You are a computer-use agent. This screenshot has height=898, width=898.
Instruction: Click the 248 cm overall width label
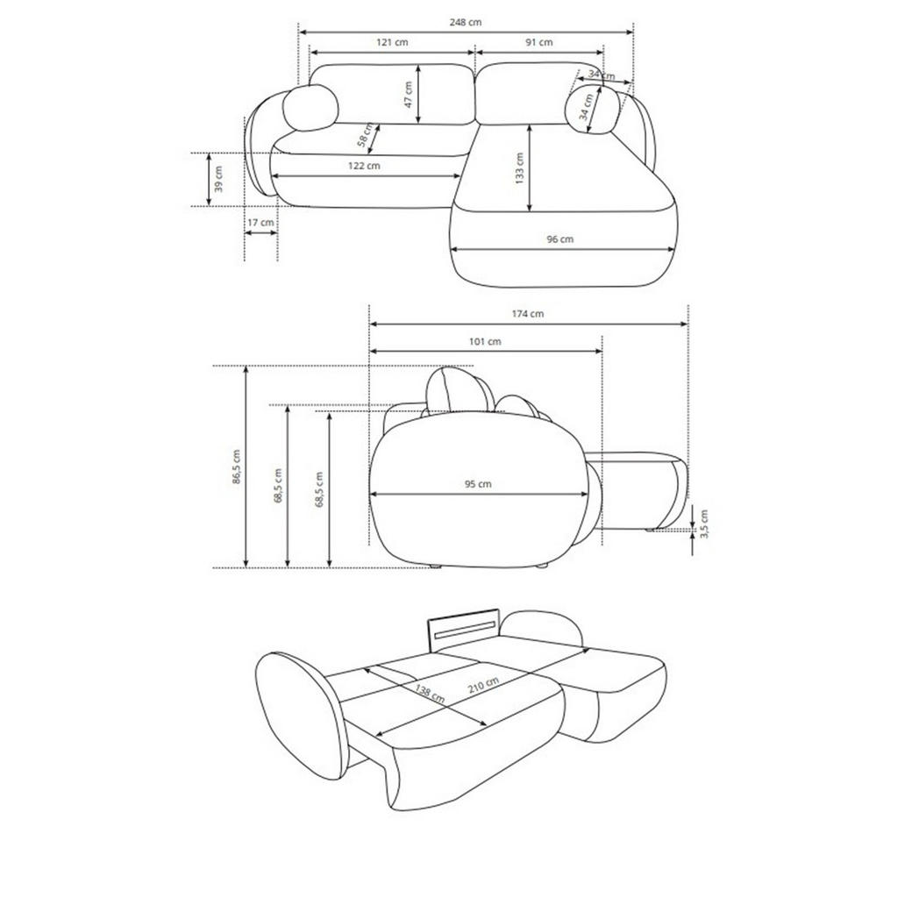pyautogui.click(x=466, y=22)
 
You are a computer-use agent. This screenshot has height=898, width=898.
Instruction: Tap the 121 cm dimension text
pyautogui.click(x=392, y=42)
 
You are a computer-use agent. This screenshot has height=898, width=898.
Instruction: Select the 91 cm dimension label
pyautogui.click(x=539, y=42)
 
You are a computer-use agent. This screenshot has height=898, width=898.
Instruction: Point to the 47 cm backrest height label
pyautogui.click(x=408, y=95)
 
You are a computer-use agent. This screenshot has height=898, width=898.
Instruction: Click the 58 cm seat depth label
pyautogui.click(x=365, y=135)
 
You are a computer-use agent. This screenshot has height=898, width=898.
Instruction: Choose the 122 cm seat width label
pyautogui.click(x=364, y=166)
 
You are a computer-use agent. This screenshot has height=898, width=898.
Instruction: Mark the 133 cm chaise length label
pyautogui.click(x=519, y=167)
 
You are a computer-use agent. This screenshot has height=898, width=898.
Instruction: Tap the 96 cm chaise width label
pyautogui.click(x=559, y=239)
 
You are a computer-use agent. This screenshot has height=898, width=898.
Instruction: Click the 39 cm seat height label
pyautogui.click(x=218, y=179)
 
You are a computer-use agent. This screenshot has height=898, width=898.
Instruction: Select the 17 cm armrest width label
pyautogui.click(x=260, y=222)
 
